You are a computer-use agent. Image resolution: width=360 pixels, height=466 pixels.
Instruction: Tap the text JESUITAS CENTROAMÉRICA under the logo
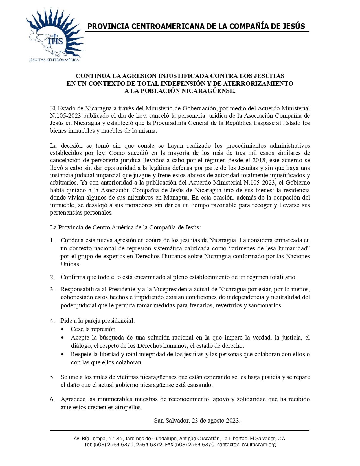click(x=54, y=60)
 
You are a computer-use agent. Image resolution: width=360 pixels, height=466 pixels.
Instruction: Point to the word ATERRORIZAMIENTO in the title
click(x=258, y=83)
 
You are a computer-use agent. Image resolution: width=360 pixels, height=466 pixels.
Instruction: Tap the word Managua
click(x=176, y=198)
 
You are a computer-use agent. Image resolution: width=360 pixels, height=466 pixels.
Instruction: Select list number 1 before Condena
click(x=52, y=240)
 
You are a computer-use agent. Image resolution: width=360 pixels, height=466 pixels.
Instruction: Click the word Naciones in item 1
click(x=298, y=256)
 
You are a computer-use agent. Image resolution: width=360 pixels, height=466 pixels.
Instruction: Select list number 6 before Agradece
click(x=52, y=399)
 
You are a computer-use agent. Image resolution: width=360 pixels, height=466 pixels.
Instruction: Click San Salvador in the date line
click(x=172, y=420)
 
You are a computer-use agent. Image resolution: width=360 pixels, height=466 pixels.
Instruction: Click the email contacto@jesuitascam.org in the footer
click(x=246, y=445)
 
